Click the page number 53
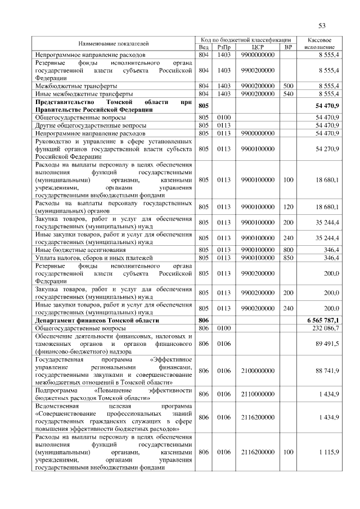pyautogui.click(x=322, y=25)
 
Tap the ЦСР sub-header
pyautogui.click(x=258, y=47)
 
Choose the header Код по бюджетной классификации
pyautogui.click(x=246, y=40)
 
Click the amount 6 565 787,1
pyautogui.click(x=323, y=319)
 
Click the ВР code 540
pyautogui.click(x=289, y=93)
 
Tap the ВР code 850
pyautogui.click(x=289, y=258)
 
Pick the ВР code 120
pyautogui.click(x=289, y=207)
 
